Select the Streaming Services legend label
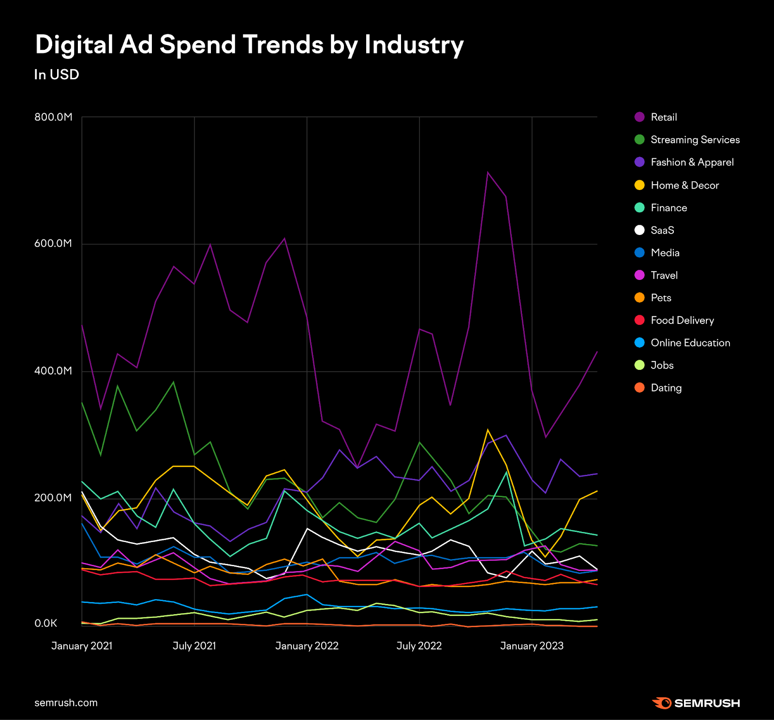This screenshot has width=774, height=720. point(695,140)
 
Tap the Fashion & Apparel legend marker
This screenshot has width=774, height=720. point(640,162)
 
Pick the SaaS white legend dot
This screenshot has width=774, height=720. point(640,230)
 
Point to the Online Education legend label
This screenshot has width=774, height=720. point(690,343)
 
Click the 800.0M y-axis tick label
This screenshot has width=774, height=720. point(53,117)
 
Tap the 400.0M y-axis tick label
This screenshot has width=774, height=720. point(53,371)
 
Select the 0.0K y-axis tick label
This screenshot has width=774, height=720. point(46,623)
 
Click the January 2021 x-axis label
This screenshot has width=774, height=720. point(82,646)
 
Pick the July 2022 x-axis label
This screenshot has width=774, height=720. point(419,646)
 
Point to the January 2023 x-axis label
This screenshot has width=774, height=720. point(532,646)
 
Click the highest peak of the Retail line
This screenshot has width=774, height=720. point(488,172)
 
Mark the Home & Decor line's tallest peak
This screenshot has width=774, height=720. point(488,430)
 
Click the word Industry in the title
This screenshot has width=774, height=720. point(414,44)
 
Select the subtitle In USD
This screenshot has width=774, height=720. point(57,74)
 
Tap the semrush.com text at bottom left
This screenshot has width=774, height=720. point(66,703)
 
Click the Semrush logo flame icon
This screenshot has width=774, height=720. point(661,703)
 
